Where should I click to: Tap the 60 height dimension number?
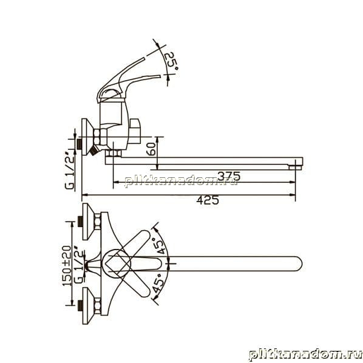tap(151, 149)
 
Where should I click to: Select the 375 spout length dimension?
tap(229, 176)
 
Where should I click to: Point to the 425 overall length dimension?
tap(208, 200)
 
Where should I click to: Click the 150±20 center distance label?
tap(67, 265)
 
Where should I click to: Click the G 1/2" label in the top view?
tap(79, 266)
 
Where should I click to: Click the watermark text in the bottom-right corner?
tap(305, 355)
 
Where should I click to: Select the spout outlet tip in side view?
tap(296, 167)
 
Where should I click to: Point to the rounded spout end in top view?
tap(297, 263)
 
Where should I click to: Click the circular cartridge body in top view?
tap(116, 263)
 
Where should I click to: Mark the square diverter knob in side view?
tap(135, 131)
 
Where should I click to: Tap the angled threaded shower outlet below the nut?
tap(93, 151)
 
